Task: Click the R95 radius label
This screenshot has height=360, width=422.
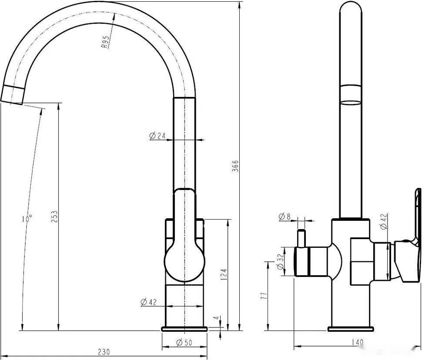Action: tap(105, 43)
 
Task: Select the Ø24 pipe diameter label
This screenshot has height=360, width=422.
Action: tap(157, 136)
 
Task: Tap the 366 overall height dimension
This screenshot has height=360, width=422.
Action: tap(235, 167)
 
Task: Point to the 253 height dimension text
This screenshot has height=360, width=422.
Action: tap(54, 216)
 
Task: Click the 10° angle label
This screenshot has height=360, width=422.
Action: tap(27, 218)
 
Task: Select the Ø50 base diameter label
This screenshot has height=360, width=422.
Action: tap(184, 343)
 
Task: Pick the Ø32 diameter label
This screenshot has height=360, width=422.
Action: tap(280, 261)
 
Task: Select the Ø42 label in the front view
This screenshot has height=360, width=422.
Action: tap(148, 302)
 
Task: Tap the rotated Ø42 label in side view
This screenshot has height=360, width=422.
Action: tap(383, 221)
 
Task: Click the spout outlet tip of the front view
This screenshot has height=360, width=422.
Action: tap(12, 95)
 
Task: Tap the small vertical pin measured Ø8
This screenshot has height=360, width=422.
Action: tap(300, 238)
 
